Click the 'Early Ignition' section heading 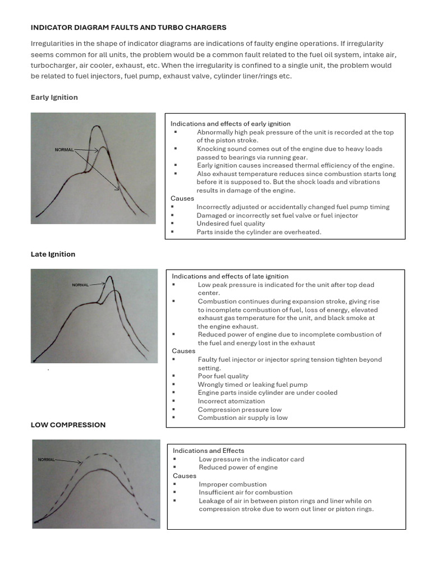pos(54,98)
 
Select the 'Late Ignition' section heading pos(53,254)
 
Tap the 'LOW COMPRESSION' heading pos(68,425)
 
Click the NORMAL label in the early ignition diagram pos(64,150)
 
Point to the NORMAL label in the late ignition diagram pos(80,285)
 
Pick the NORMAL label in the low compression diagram pos(47,460)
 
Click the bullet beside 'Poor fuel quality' pos(175,376)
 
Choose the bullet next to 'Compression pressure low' pos(175,410)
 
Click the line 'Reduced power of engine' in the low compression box pos(238,467)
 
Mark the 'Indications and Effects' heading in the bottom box pos(208,451)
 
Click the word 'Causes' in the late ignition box pos(184,351)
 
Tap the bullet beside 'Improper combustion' pos(176,484)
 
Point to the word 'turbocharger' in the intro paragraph pos(53,66)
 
